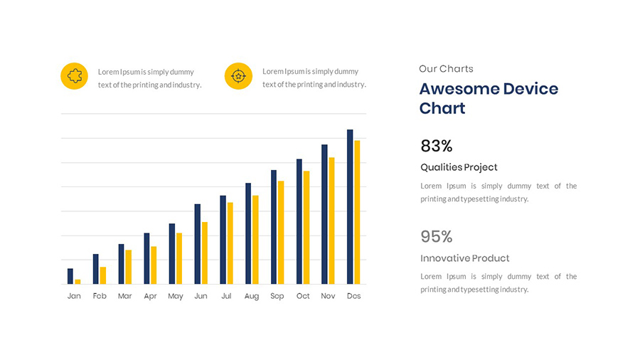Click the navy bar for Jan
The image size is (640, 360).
[70, 276]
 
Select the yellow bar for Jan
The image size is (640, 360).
[78, 282]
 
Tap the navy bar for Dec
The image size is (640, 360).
[350, 206]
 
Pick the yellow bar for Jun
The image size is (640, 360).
[205, 253]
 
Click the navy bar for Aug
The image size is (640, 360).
[248, 233]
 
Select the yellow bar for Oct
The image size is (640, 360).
[306, 227]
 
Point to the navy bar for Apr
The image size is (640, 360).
[146, 258]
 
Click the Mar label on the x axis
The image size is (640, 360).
[125, 296]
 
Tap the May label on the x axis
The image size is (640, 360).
[176, 296]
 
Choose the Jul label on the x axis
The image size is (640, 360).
[226, 296]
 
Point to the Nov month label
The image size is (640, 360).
[328, 296]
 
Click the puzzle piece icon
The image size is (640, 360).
[74, 76]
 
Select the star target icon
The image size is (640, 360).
[238, 76]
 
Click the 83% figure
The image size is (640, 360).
[437, 146]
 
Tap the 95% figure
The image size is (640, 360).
[437, 237]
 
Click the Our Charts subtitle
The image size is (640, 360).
[446, 69]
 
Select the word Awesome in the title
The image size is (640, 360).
[458, 89]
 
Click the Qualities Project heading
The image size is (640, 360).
[459, 167]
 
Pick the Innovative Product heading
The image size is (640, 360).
[464, 258]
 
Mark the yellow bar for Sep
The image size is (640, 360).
[281, 232]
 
